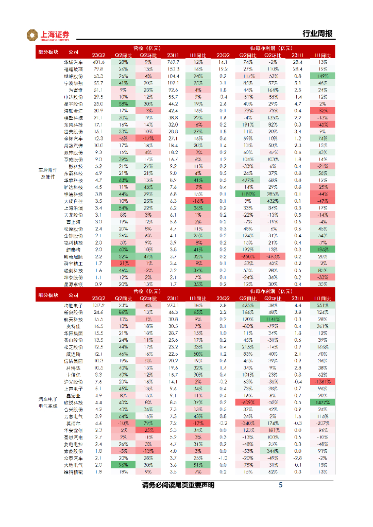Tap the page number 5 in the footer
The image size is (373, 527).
pos(280,485)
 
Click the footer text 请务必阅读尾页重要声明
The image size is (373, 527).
pos(178,485)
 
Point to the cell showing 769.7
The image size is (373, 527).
pos(173,62)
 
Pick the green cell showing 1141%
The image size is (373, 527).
pos(273,319)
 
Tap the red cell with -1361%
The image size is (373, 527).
pos(323,382)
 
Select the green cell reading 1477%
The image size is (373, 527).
pos(323,401)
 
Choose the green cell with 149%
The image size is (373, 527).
pos(323,75)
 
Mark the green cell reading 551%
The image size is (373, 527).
pos(323,305)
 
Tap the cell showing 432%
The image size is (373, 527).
pos(273,200)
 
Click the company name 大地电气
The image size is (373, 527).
pos(73,464)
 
